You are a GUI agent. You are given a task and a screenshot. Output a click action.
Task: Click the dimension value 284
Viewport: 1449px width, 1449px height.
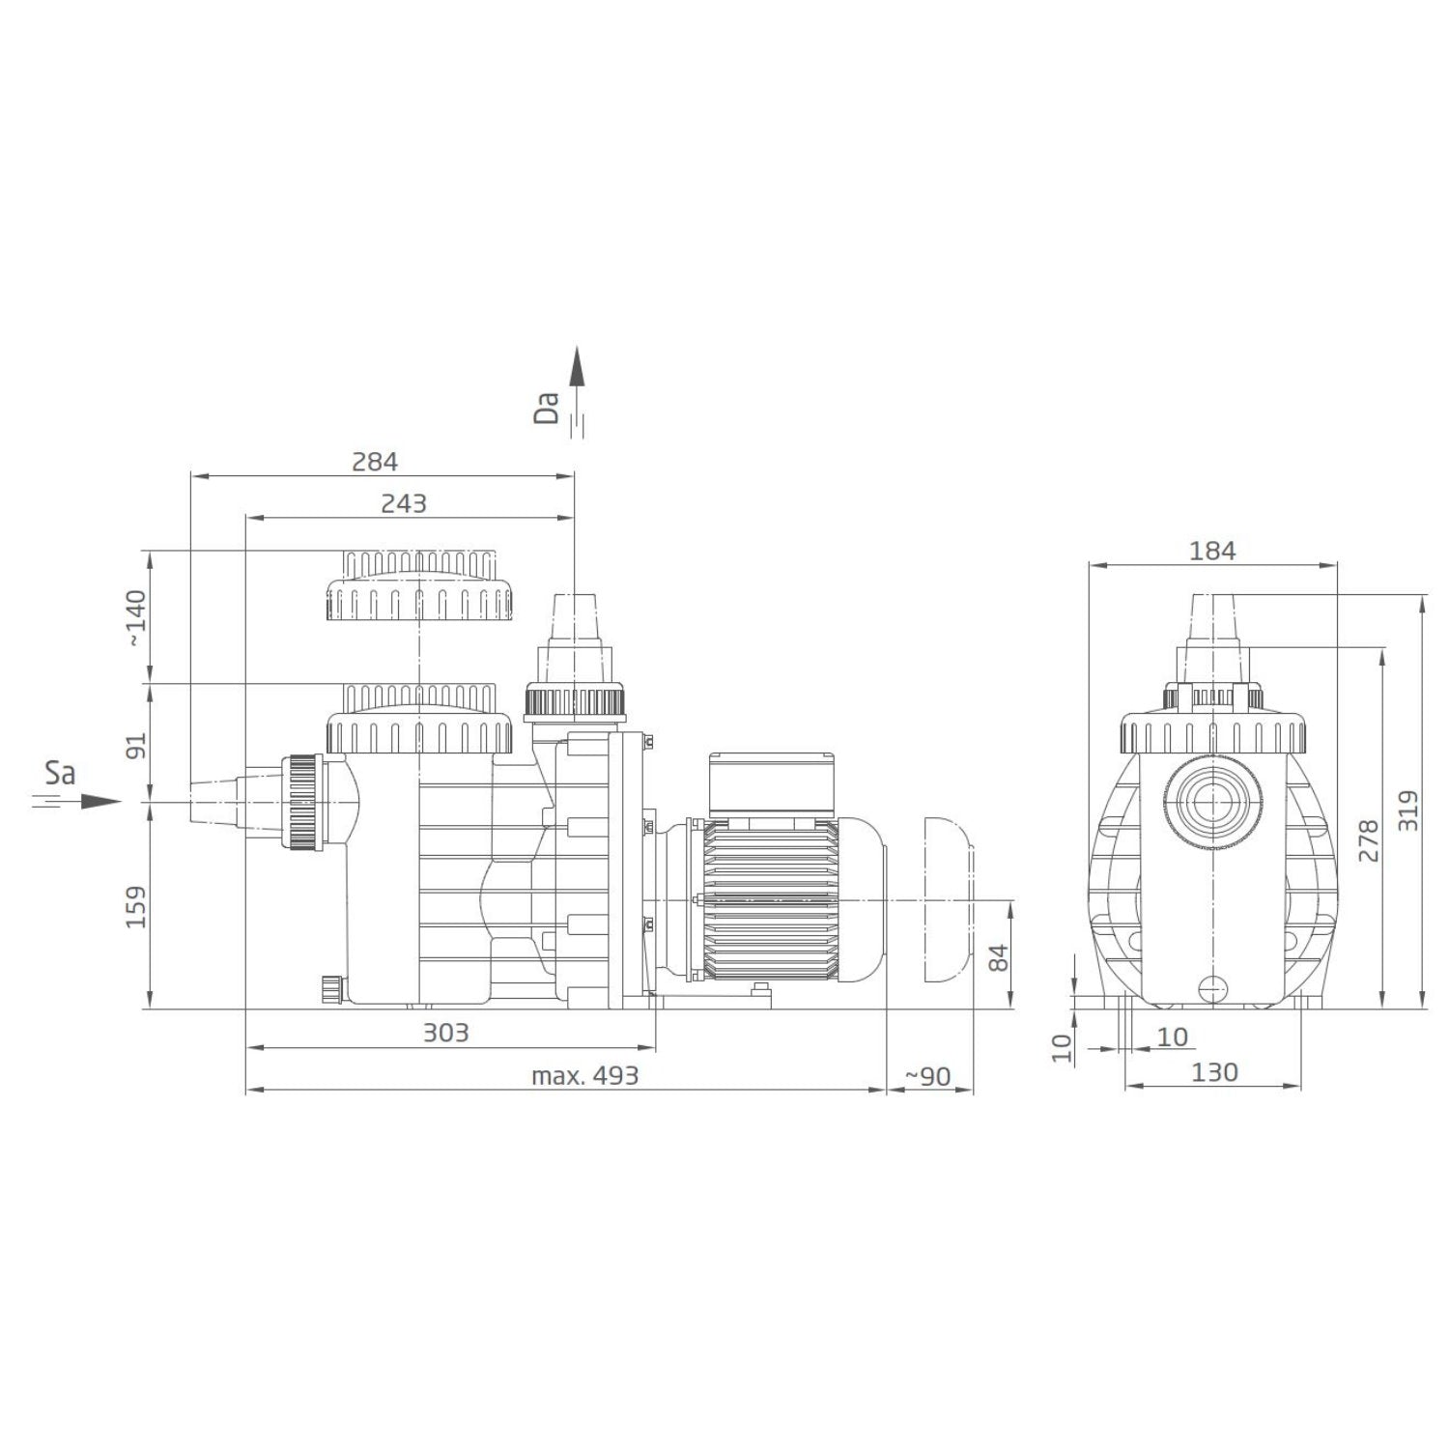pyautogui.click(x=375, y=462)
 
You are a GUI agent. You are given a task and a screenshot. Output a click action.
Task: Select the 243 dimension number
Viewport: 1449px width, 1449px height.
pyautogui.click(x=403, y=503)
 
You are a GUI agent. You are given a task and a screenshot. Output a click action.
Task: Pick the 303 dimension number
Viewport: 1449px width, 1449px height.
pyautogui.click(x=446, y=1033)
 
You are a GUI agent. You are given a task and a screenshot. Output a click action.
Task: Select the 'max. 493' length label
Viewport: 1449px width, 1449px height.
pyautogui.click(x=585, y=1076)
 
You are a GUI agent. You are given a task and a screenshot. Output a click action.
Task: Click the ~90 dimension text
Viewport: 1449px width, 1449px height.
pyautogui.click(x=928, y=1076)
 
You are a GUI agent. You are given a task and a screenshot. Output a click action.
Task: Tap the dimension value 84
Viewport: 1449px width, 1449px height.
pyautogui.click(x=999, y=957)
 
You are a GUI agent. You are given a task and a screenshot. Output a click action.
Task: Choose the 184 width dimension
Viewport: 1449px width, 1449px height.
pyautogui.click(x=1212, y=551)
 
